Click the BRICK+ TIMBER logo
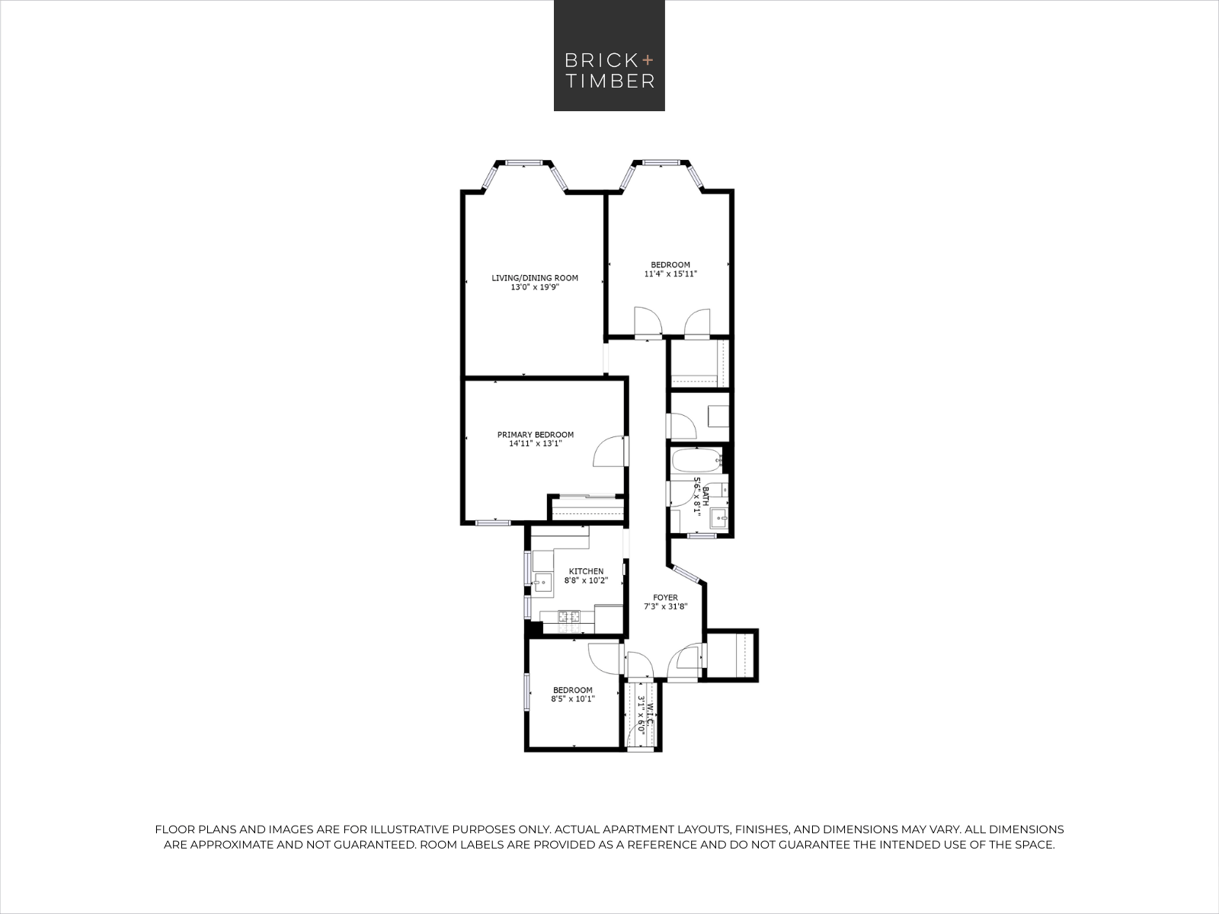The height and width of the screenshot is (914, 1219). [x=609, y=56]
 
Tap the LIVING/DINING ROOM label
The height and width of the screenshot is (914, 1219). [x=535, y=278]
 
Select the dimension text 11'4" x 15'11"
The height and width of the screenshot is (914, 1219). [x=670, y=273]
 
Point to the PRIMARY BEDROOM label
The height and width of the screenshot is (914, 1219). [x=536, y=434]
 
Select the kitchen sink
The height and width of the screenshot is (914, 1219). [x=542, y=583]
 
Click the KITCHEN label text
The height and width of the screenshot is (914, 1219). [x=586, y=571]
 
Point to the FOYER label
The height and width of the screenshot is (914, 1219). [x=665, y=598]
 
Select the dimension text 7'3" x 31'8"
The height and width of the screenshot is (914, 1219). [x=665, y=606]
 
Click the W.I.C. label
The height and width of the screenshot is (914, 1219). [x=651, y=716]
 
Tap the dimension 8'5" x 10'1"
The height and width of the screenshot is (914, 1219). [x=573, y=699]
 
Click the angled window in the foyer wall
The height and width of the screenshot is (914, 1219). [x=685, y=574]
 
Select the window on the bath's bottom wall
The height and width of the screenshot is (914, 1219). [x=702, y=535]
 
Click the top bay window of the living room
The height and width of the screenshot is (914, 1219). [x=523, y=162]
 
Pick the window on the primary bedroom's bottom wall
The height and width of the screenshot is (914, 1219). [x=493, y=523]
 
